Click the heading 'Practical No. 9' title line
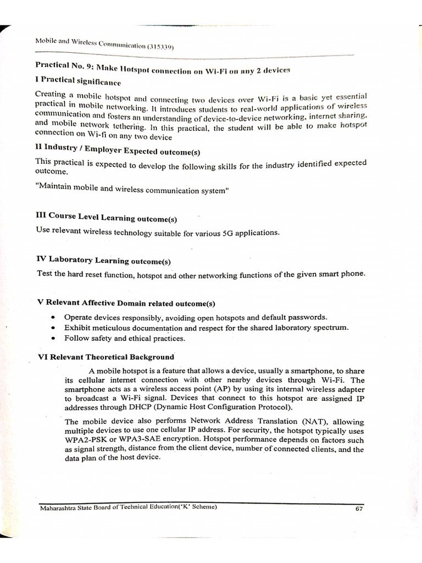point(162,69)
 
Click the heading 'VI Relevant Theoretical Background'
point(105,356)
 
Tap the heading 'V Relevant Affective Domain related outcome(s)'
point(126,303)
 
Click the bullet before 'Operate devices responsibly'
point(52,317)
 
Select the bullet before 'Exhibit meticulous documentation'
point(52,328)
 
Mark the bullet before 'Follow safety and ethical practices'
point(52,338)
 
